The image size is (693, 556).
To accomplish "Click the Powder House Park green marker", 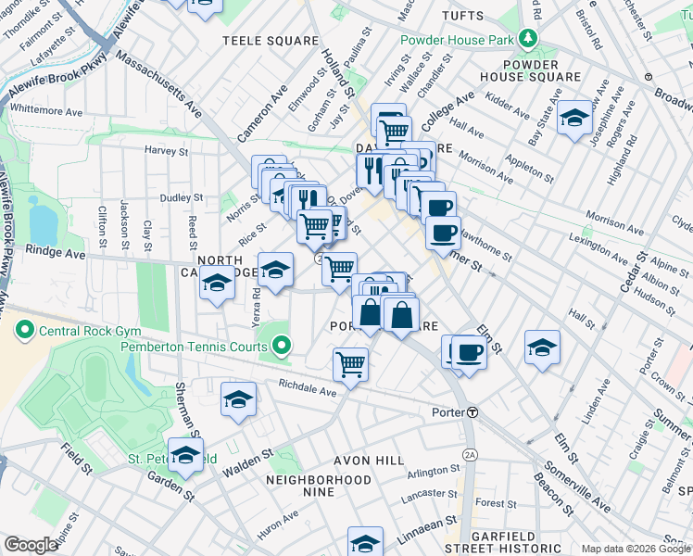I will [528, 39].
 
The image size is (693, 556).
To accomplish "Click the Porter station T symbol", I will [472, 411].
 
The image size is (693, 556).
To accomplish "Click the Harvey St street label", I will [166, 150].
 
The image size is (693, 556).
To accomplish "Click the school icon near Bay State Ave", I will [574, 118].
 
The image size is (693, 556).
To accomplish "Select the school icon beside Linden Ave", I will [542, 347].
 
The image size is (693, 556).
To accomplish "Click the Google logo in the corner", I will [31, 545].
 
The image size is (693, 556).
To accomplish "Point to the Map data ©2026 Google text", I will [636, 549].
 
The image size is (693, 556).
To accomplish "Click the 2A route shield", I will [471, 454].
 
